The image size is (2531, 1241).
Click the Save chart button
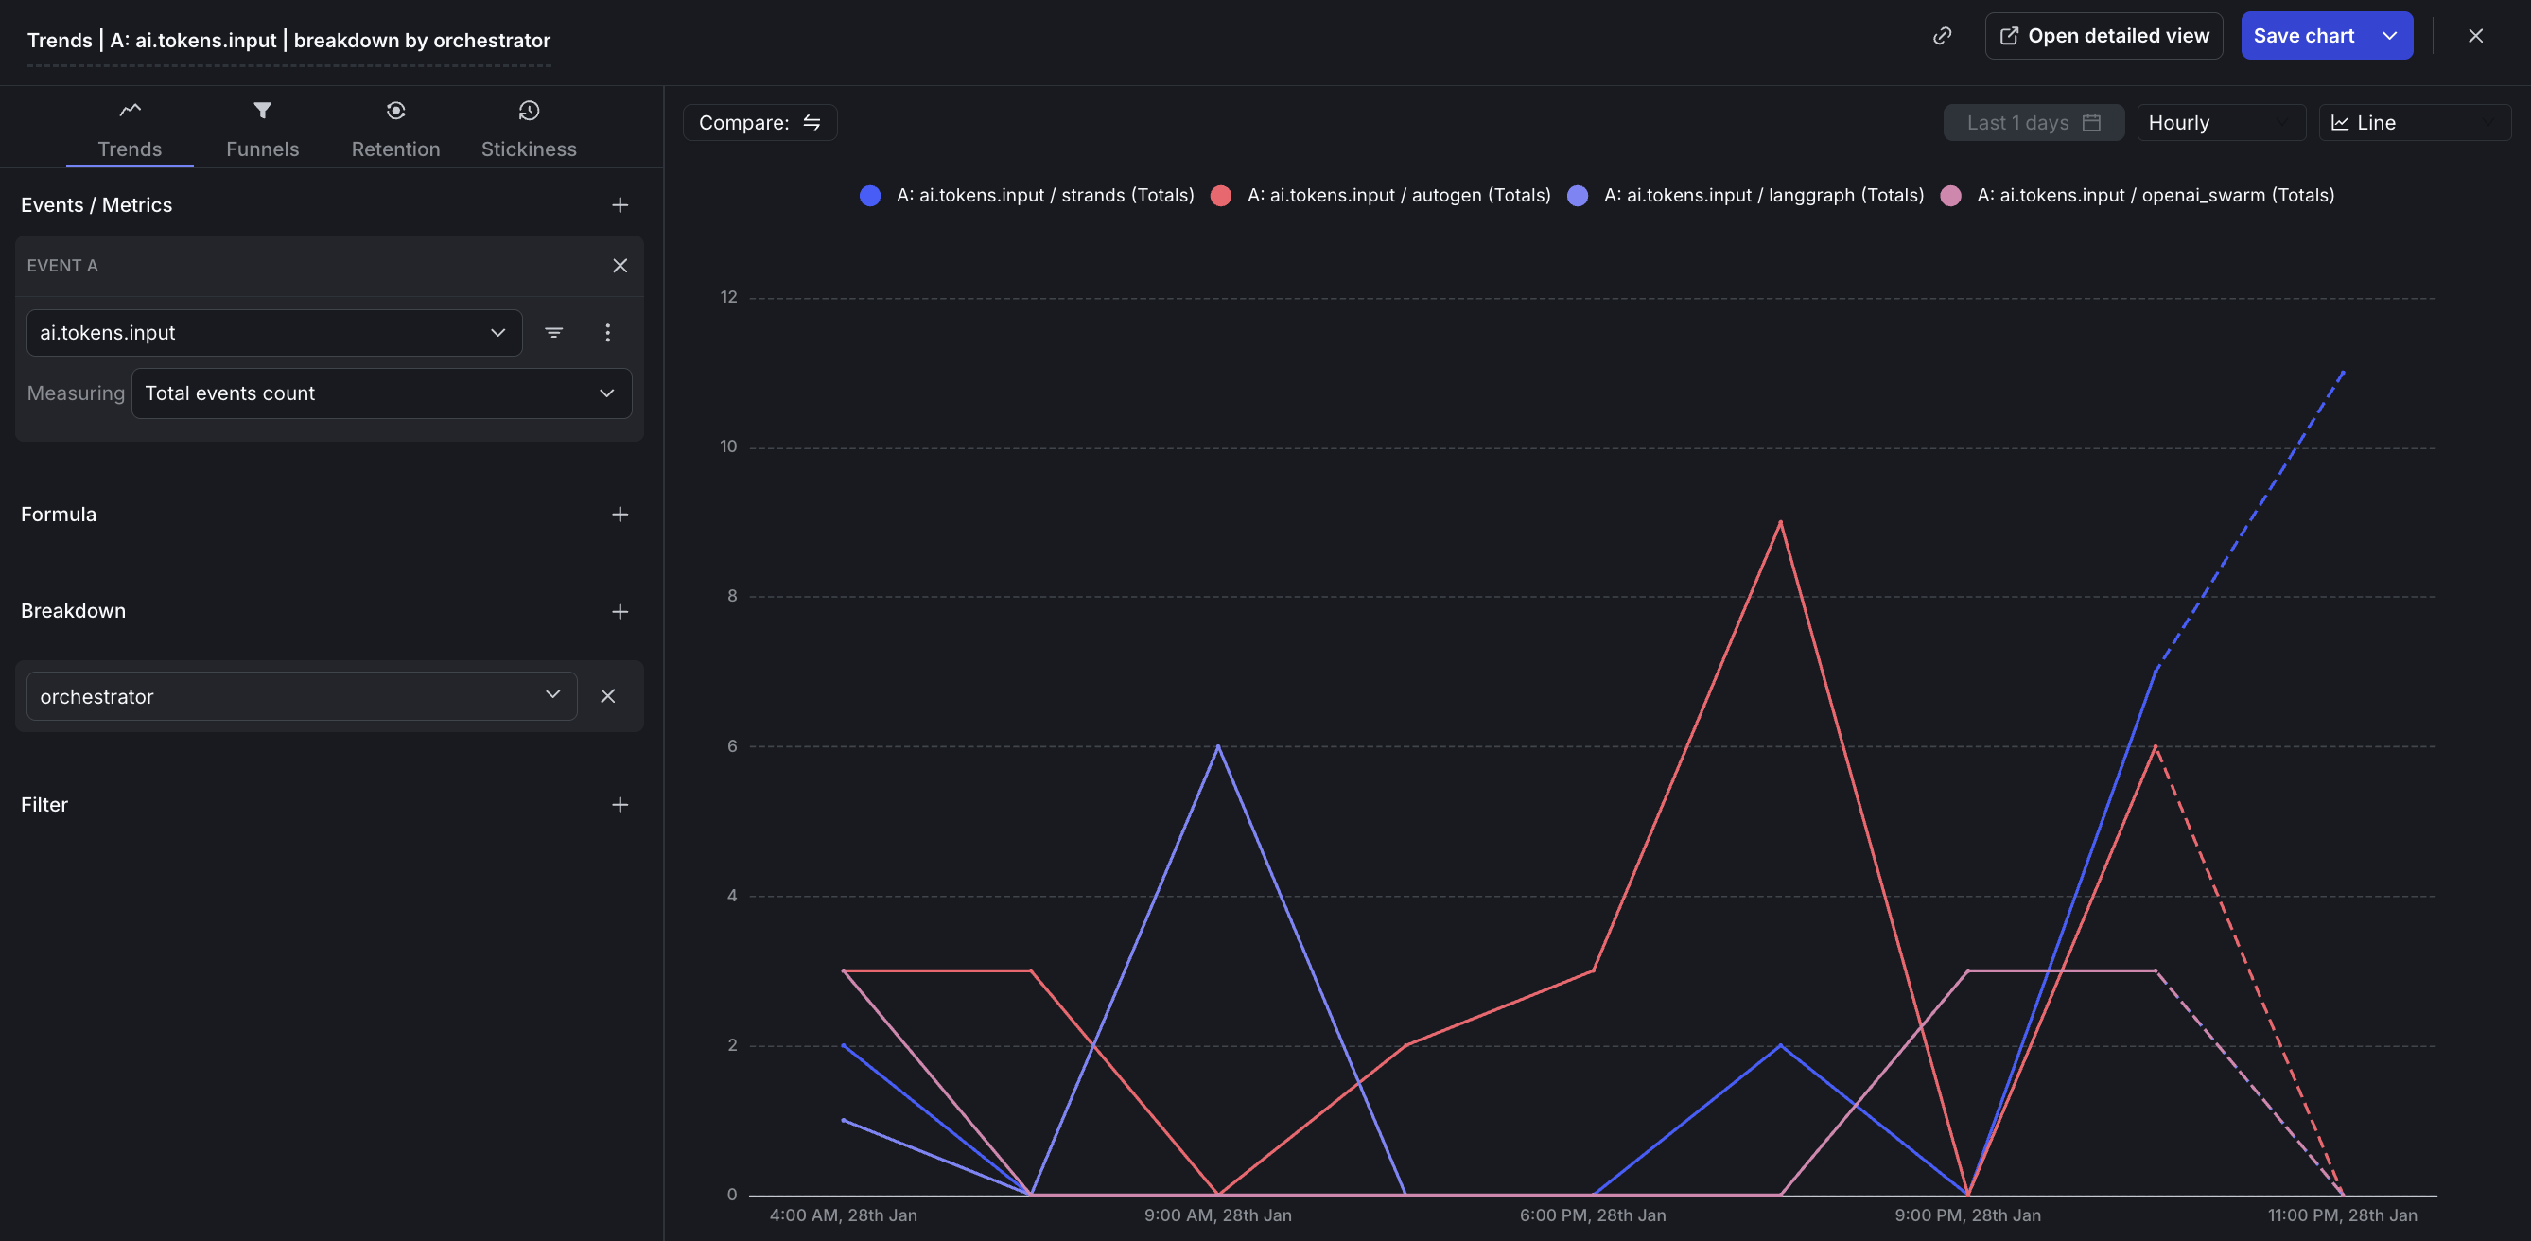click(x=2302, y=36)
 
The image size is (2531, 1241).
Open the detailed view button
click(x=2103, y=36)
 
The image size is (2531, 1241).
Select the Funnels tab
click(x=262, y=129)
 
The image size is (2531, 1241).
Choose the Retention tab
click(x=395, y=129)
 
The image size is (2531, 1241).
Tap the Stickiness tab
click(x=529, y=129)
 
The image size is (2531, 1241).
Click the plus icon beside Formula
click(x=620, y=515)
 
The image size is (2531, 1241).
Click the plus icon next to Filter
click(x=620, y=805)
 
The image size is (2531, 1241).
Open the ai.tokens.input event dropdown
click(x=273, y=333)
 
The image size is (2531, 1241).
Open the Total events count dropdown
click(x=380, y=393)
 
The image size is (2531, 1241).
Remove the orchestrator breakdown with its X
click(x=608, y=695)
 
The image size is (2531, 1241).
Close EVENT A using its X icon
click(x=620, y=265)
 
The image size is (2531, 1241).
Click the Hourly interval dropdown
click(x=2220, y=123)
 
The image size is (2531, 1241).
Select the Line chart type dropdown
click(x=2413, y=123)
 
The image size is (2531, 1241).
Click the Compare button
click(x=759, y=123)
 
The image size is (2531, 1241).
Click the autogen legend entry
click(x=1397, y=196)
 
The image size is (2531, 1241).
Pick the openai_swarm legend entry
click(x=2154, y=196)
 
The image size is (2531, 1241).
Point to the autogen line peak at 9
click(x=1779, y=522)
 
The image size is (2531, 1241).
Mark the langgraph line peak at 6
click(x=1218, y=745)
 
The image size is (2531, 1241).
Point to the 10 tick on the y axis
click(x=728, y=447)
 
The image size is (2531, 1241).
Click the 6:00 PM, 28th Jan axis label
click(x=1592, y=1215)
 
